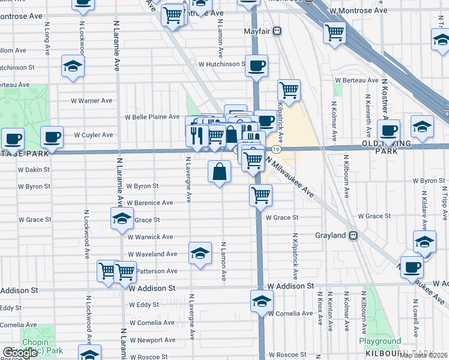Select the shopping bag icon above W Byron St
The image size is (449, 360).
(x=220, y=172)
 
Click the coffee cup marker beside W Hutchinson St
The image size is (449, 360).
(x=256, y=66)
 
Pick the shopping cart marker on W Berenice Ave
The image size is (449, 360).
(x=261, y=195)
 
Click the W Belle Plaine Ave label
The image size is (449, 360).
(x=152, y=117)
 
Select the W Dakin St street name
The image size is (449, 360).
(x=34, y=170)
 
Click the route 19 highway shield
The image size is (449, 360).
(x=276, y=149)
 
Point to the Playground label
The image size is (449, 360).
(x=380, y=341)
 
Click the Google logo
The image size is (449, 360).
(x=20, y=353)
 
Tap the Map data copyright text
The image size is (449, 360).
(x=423, y=355)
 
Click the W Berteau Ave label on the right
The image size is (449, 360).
(x=357, y=80)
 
